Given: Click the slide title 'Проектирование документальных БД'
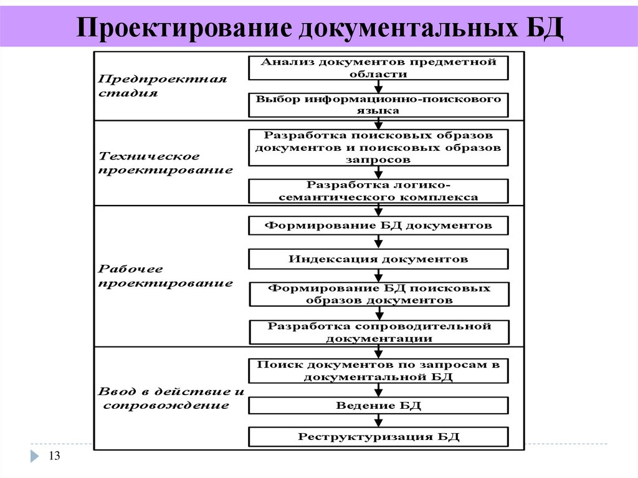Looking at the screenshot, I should (x=319, y=29).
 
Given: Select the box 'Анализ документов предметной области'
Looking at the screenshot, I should (x=378, y=68).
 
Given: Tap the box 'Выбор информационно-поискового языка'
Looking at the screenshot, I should (x=378, y=105).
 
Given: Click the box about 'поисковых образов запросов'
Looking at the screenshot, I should (x=378, y=147).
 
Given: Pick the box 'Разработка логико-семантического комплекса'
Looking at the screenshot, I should (x=378, y=191).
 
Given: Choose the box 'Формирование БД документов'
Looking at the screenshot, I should (x=378, y=225).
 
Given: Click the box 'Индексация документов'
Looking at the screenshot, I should (x=378, y=259).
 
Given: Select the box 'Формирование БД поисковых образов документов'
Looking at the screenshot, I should (x=378, y=294).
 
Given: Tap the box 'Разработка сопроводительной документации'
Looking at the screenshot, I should (x=378, y=332).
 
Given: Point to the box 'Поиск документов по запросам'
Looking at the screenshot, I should (x=378, y=370).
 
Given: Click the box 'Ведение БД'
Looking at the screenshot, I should (x=378, y=406).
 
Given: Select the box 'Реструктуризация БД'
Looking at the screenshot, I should (x=378, y=436).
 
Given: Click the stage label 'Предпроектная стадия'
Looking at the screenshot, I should (x=163, y=86).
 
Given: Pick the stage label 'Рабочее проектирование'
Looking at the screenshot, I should (x=166, y=276).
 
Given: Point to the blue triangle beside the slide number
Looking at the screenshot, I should (x=34, y=456).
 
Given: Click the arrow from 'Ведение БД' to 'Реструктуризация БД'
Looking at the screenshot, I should (x=378, y=421).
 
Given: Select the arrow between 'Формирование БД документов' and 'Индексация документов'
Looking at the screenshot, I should (x=378, y=242).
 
